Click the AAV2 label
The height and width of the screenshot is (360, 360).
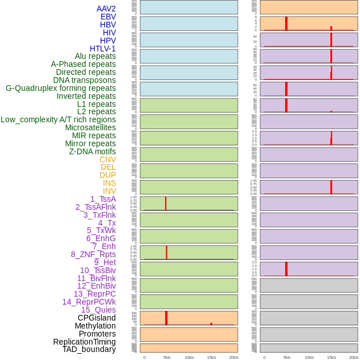(x=106, y=9)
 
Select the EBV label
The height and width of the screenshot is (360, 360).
(x=108, y=17)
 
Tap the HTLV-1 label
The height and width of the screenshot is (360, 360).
(x=102, y=49)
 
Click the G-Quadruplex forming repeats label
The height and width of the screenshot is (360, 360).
(x=61, y=88)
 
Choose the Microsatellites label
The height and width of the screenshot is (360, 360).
(x=90, y=127)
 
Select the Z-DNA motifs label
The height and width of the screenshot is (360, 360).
(x=93, y=151)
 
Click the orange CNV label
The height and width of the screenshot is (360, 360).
(x=107, y=159)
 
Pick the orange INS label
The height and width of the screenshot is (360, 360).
(x=109, y=183)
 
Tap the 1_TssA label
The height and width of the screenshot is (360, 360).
(x=103, y=199)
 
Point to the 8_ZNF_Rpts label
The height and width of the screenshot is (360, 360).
(x=93, y=254)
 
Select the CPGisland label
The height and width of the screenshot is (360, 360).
(x=97, y=318)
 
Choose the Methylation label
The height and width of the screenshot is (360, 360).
(x=95, y=326)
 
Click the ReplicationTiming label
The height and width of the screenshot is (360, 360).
(x=84, y=342)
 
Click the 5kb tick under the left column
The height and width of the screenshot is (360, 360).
(x=167, y=357)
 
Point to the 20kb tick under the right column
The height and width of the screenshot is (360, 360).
(x=354, y=357)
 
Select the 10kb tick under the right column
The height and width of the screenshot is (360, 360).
(x=309, y=357)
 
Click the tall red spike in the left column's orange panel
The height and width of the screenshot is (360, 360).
(x=166, y=318)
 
